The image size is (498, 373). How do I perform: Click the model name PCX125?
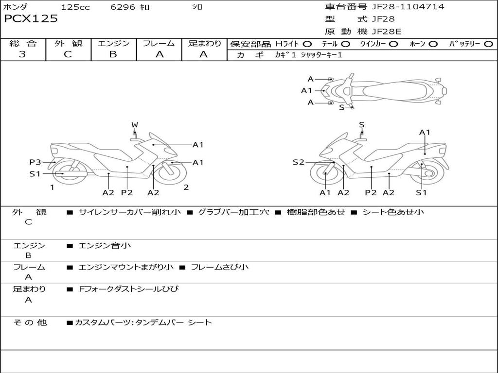point(31,18)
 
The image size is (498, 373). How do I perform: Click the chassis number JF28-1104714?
point(408,6)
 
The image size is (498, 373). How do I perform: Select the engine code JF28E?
point(387,32)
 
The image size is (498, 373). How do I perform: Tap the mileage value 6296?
point(123,7)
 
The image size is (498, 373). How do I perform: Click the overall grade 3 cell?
point(22,54)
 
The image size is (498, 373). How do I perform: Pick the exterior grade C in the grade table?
point(68,54)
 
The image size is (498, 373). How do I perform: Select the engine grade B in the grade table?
point(113,54)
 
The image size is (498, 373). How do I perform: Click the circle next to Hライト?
point(307,44)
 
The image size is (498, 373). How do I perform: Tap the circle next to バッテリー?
point(488,44)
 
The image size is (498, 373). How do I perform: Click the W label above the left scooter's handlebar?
point(135,125)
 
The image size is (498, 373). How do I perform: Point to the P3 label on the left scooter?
point(35,162)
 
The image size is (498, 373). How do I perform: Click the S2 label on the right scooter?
point(299,162)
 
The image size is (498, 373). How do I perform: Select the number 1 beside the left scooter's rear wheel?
point(52,187)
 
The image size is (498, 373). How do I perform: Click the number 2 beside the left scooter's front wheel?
point(186,187)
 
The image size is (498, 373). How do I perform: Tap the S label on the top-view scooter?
point(342,107)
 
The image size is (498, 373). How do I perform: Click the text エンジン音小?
point(105,245)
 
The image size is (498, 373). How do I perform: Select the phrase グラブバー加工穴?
point(233,212)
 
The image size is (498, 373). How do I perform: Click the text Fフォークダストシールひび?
point(128,289)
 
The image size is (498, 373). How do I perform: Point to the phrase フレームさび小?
point(219,267)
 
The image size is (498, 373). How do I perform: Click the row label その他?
point(30,322)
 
